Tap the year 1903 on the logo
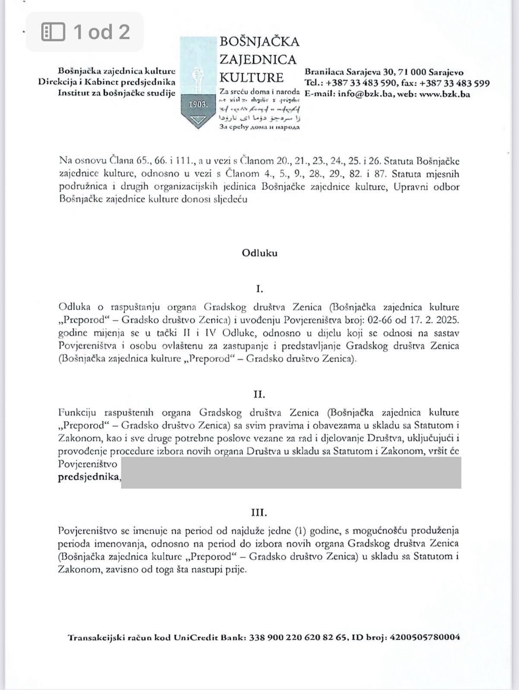198,104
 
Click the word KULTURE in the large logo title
252,78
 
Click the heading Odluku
259,253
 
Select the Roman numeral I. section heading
259,289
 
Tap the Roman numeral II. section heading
259,394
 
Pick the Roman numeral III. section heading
259,513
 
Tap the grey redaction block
291,473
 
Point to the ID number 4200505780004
424,637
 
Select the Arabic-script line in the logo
259,118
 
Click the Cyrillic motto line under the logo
259,127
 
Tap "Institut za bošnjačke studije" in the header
117,93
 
